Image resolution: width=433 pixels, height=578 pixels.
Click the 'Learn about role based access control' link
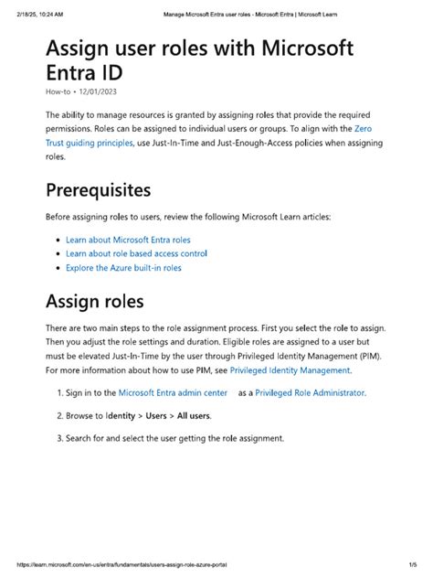pyautogui.click(x=136, y=253)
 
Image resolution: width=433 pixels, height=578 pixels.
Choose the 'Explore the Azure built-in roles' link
pyautogui.click(x=123, y=268)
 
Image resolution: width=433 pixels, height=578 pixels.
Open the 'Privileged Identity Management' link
pyautogui.click(x=290, y=370)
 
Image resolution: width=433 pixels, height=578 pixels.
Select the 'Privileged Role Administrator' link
pyautogui.click(x=310, y=392)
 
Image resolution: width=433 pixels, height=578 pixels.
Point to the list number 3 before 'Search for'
pyautogui.click(x=58, y=438)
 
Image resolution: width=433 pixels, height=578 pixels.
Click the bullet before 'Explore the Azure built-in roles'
pyautogui.click(x=58, y=268)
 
